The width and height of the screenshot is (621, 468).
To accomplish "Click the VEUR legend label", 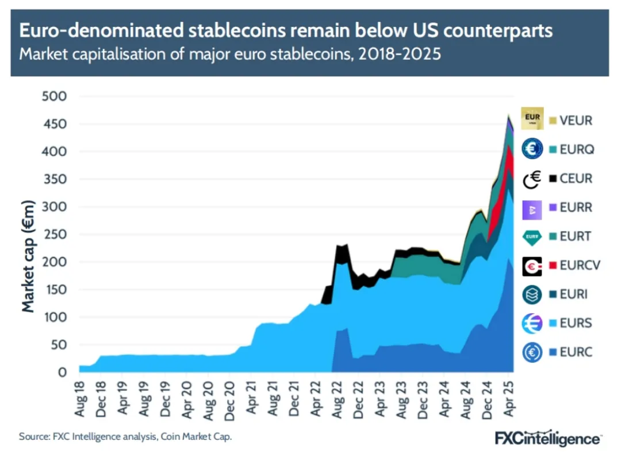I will tap(576, 121).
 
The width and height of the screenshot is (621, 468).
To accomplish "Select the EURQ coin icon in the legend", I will tap(532, 149).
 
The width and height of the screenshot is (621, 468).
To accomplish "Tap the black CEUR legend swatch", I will tap(553, 178).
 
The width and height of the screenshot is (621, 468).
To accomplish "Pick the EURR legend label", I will tap(576, 207).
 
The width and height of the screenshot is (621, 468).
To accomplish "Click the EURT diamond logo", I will tap(532, 236).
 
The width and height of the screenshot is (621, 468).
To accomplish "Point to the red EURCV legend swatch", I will tap(553, 265).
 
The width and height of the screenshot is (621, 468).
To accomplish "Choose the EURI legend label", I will tap(574, 294).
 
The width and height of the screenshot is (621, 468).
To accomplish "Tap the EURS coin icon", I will tap(532, 323).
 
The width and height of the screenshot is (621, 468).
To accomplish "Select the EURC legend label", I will tap(576, 352).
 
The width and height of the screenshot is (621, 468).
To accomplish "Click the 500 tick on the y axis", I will tap(55, 96).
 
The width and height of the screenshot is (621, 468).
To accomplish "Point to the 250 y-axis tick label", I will tap(55, 235).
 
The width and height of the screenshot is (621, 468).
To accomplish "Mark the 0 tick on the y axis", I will tap(63, 373).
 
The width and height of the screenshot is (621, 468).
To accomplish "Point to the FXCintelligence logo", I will tap(547, 438).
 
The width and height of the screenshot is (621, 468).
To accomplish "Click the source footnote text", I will tap(125, 437).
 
